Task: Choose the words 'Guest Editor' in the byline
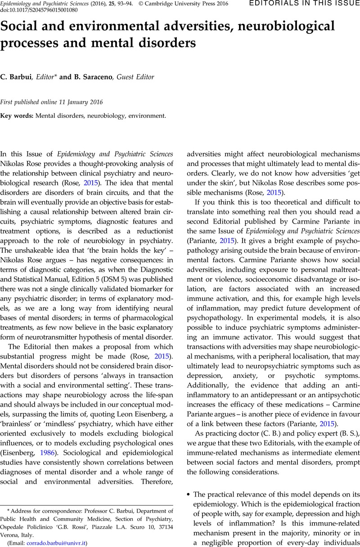point(135,77)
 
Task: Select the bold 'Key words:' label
point(17,116)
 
